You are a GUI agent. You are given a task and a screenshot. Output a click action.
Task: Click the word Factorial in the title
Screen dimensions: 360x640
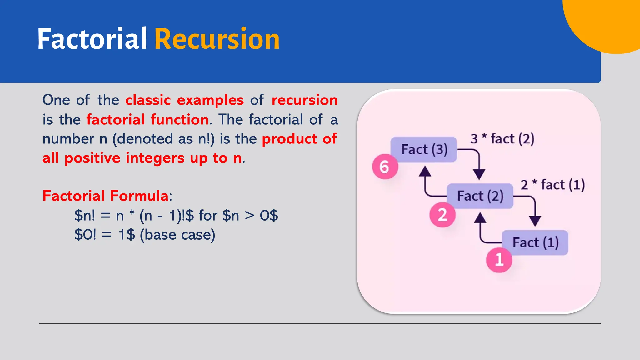click(92, 39)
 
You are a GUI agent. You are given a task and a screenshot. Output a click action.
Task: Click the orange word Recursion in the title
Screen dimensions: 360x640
click(217, 39)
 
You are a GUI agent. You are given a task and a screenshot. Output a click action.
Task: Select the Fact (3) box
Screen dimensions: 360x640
click(424, 149)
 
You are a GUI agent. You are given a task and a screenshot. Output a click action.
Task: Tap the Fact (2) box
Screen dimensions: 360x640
click(480, 196)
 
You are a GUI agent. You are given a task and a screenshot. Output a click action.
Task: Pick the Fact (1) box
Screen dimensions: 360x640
click(535, 242)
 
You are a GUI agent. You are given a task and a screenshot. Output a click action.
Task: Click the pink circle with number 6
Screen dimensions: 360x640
click(385, 167)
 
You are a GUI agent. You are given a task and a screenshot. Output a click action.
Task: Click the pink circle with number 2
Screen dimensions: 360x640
click(442, 215)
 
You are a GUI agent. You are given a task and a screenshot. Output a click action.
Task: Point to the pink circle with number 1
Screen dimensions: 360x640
click(499, 260)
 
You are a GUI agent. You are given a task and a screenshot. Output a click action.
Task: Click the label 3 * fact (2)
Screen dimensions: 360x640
click(502, 139)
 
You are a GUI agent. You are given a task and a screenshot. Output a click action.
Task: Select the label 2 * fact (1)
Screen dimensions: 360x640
click(552, 185)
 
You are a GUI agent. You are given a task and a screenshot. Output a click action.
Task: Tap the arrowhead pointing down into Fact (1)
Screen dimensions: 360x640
click(535, 221)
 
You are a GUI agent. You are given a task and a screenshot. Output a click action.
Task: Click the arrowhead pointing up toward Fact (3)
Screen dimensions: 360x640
click(425, 171)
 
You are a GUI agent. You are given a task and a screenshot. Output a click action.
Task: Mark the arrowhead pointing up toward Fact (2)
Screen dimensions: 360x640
click(480, 218)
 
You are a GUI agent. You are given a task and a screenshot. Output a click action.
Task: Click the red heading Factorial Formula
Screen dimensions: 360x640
click(106, 196)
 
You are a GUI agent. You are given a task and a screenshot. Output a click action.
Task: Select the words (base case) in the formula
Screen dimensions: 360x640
click(177, 235)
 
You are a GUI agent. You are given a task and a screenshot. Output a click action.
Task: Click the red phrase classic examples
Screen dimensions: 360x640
click(184, 100)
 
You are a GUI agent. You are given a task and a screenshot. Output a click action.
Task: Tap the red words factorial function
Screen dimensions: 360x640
click(147, 120)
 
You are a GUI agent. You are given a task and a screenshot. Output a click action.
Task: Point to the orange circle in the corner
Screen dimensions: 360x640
click(609, 22)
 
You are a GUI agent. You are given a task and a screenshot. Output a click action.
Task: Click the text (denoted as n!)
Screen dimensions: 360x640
click(163, 139)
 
